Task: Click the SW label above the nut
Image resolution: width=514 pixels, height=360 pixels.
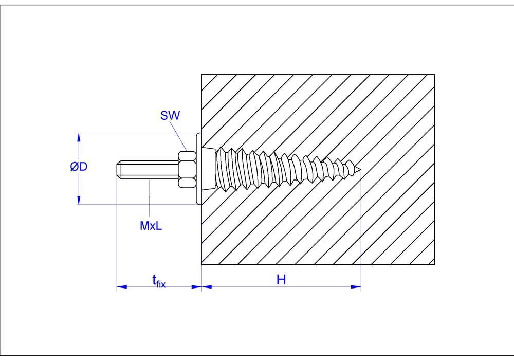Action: [170, 116]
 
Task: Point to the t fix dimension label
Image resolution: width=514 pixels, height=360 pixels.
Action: [158, 281]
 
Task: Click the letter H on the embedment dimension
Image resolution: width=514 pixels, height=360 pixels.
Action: [281, 280]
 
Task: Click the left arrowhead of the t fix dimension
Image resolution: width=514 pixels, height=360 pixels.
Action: [121, 287]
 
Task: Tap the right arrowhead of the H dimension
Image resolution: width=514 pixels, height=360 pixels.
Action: [356, 287]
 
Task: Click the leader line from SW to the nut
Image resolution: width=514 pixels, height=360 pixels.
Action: [179, 136]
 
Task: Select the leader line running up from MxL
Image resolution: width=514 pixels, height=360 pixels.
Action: [149, 198]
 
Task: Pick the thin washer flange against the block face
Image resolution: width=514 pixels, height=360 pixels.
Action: [199, 168]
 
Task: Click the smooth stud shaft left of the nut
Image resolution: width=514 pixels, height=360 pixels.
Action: [149, 168]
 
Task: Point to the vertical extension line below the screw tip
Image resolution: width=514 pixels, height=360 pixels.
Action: [361, 231]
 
